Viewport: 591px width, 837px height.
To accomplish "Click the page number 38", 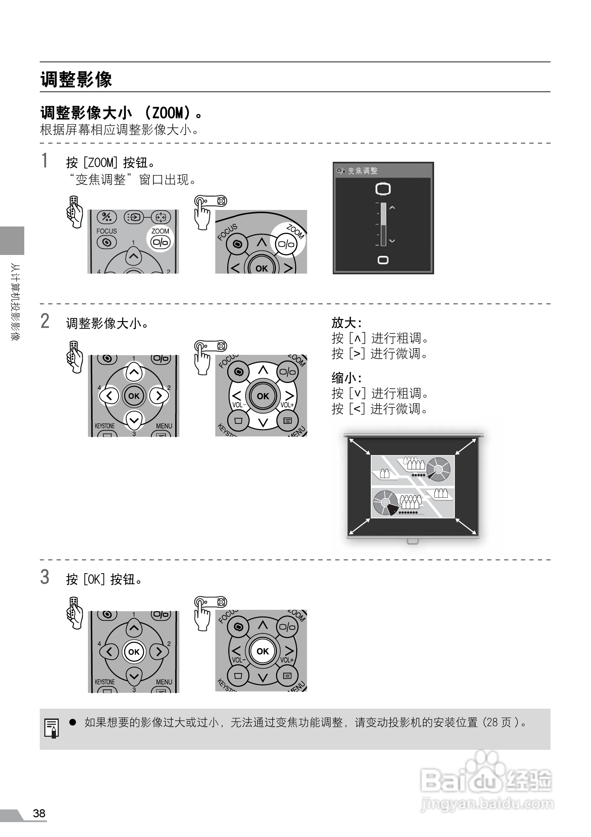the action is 39,813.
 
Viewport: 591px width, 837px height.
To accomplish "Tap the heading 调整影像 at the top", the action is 76,79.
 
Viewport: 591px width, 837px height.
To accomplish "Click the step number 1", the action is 44,161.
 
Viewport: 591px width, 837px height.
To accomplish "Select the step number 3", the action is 44,577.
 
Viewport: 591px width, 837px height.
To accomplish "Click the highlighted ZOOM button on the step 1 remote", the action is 160,242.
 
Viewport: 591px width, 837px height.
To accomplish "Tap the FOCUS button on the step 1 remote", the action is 107,242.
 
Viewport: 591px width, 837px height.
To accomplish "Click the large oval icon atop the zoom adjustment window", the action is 383,189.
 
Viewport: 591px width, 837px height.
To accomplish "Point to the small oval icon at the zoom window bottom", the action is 383,260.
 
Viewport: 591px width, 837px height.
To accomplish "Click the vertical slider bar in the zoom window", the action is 383,224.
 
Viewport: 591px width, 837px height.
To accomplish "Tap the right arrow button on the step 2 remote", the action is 159,396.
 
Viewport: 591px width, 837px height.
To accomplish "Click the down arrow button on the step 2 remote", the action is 134,420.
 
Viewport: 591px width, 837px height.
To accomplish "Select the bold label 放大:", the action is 347,322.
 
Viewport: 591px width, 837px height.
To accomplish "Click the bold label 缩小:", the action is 347,378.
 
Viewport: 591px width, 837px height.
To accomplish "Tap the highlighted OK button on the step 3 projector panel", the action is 262,651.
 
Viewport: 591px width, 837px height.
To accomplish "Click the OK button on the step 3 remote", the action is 134,652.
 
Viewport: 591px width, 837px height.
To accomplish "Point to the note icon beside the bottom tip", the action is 51,728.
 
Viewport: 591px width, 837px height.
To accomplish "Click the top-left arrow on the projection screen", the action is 359,446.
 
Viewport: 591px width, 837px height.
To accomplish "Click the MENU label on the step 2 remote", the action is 164,426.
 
